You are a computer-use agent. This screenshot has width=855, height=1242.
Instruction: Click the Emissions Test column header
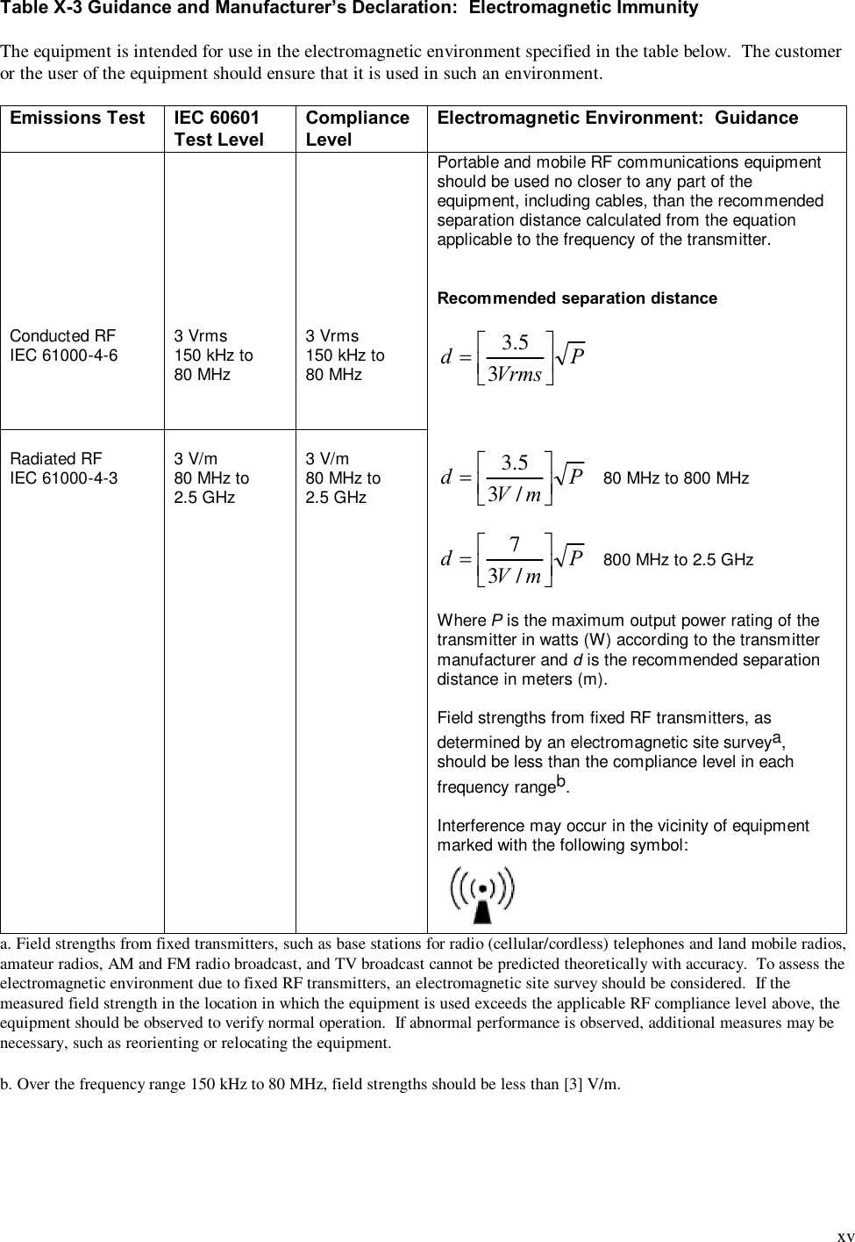point(77,118)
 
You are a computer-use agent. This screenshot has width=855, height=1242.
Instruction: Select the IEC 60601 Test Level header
point(218,128)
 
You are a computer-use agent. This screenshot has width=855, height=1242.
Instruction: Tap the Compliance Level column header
point(357,128)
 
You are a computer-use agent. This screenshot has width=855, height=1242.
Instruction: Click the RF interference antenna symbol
point(481,894)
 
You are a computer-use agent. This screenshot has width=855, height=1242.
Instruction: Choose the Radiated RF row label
point(55,459)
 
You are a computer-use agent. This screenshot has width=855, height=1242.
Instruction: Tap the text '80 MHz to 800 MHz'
point(676,479)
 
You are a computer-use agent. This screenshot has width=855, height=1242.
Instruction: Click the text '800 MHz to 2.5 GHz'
point(678,560)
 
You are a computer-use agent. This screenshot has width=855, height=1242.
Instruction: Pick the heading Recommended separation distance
point(577,298)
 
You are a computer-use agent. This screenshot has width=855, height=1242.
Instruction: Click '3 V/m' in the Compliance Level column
point(327,459)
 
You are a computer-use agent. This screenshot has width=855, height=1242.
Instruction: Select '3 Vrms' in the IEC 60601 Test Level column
point(200,336)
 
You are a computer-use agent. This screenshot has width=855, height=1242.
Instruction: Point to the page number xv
point(844,1235)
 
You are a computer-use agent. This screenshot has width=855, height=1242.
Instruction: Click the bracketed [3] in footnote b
point(571,1084)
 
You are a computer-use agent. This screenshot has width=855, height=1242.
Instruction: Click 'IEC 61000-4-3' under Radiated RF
point(63,479)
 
